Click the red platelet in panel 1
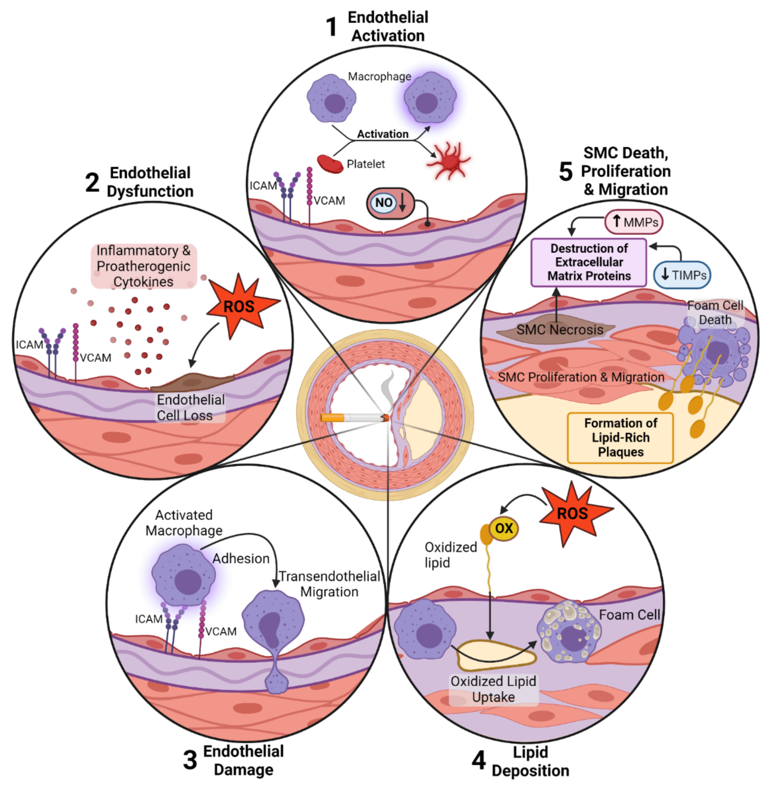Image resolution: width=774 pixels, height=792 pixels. [330, 164]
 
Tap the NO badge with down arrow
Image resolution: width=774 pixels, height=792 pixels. [390, 203]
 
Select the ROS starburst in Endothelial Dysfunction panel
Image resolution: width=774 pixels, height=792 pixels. [240, 306]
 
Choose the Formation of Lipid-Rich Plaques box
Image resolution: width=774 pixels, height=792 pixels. [620, 438]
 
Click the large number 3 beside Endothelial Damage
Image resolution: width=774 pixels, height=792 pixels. [190, 759]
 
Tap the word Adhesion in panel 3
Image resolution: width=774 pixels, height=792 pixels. [241, 559]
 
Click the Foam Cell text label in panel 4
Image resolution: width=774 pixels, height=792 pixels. [629, 615]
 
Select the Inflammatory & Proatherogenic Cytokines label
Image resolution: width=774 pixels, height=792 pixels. [143, 266]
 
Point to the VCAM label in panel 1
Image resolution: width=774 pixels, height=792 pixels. [329, 201]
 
